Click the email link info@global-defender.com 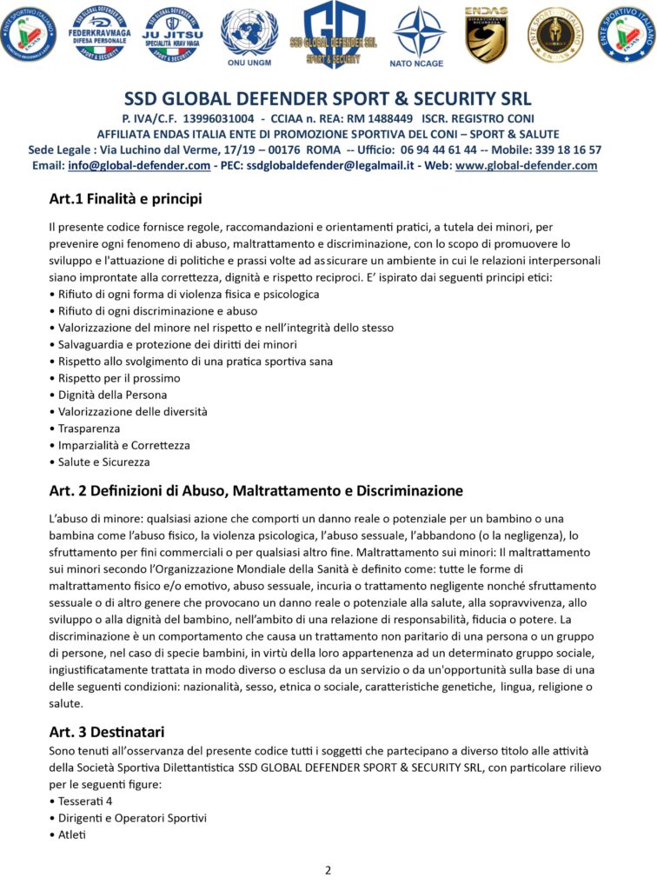pos(139,165)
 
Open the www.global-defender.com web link pos(526,165)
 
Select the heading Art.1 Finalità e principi pos(125,199)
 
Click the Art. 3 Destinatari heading pos(107,731)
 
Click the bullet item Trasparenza pos(89,428)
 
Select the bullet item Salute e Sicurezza pos(103,462)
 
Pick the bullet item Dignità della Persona pos(112,395)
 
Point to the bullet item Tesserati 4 pos(85,800)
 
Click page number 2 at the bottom pos(328,870)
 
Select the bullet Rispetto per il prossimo pos(119,378)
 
